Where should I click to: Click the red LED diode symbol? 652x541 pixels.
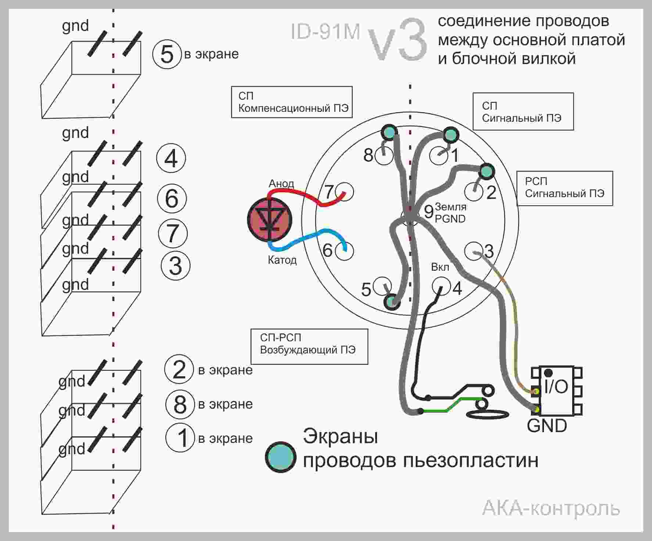coord(269,220)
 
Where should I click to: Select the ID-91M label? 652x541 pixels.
coord(325,31)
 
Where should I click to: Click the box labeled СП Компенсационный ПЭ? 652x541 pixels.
coord(292,102)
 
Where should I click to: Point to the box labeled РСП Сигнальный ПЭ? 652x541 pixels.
coord(565,188)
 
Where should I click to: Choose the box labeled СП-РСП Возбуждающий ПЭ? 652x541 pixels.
coord(309,346)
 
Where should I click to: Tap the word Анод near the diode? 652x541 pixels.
coord(281,184)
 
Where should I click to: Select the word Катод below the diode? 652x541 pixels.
coord(282,260)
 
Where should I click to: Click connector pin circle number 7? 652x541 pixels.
coord(345,191)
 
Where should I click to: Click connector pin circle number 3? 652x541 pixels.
coord(473,251)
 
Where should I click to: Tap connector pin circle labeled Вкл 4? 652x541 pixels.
coord(441,286)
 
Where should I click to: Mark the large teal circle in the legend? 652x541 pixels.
coord(281,457)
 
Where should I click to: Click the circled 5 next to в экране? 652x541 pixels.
coord(167,54)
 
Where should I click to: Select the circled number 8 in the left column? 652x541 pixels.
coord(180,404)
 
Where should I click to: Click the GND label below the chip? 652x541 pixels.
coord(547,426)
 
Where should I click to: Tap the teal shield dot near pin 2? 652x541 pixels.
coord(486,171)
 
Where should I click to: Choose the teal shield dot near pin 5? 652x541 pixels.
coord(392,302)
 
